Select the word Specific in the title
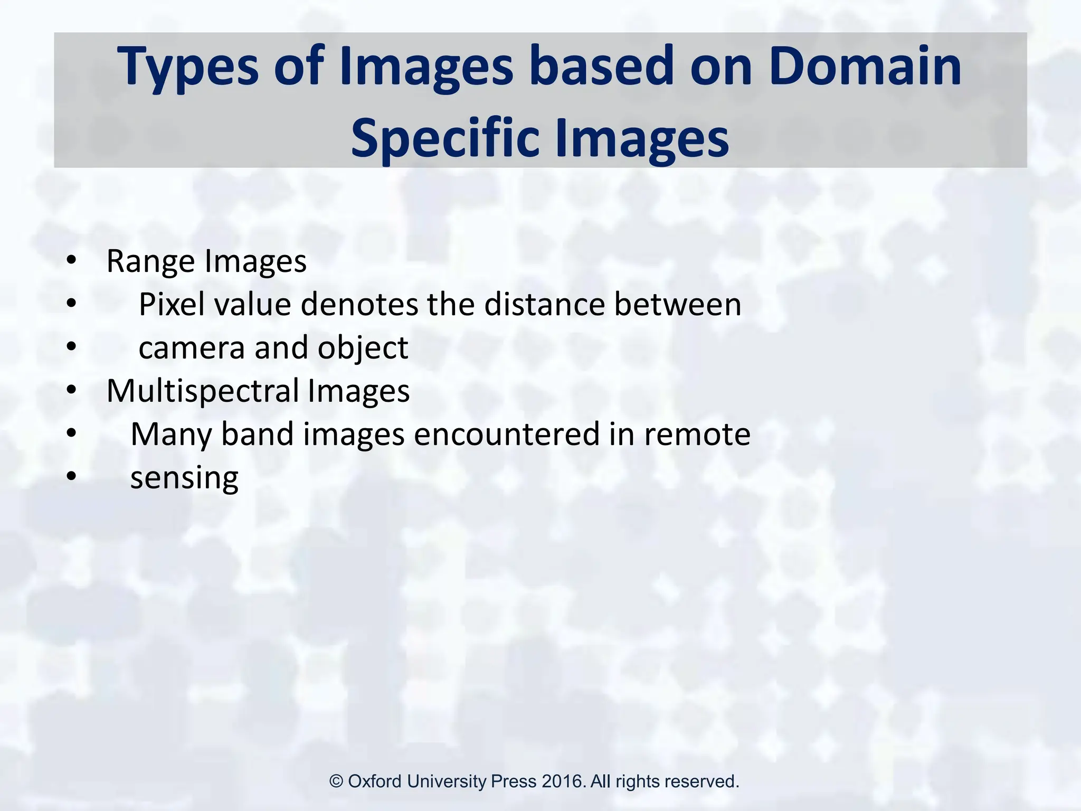coord(447,138)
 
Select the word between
coord(678,305)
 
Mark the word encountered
coord(507,435)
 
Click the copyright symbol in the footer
coord(337,781)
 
